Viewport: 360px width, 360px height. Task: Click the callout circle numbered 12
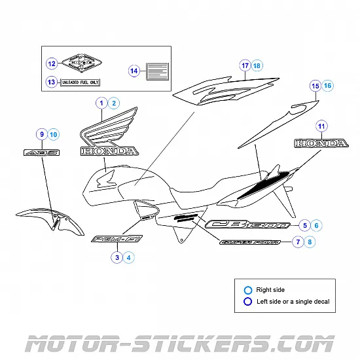tap(52, 64)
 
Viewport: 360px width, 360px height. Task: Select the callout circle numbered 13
tap(52, 82)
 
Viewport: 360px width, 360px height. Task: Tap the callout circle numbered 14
tap(134, 71)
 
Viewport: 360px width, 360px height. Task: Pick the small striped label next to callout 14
tap(156, 71)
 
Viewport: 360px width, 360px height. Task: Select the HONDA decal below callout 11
tap(321, 143)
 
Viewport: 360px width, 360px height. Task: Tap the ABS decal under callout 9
tap(41, 153)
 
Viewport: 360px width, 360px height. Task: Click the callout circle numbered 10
tap(53, 135)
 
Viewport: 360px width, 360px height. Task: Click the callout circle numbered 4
tap(129, 258)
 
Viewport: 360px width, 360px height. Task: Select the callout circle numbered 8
tap(310, 242)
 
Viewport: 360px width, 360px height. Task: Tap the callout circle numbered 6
tap(317, 225)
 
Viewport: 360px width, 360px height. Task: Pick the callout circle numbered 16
tap(327, 86)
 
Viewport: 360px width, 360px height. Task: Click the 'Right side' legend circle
tap(247, 290)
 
